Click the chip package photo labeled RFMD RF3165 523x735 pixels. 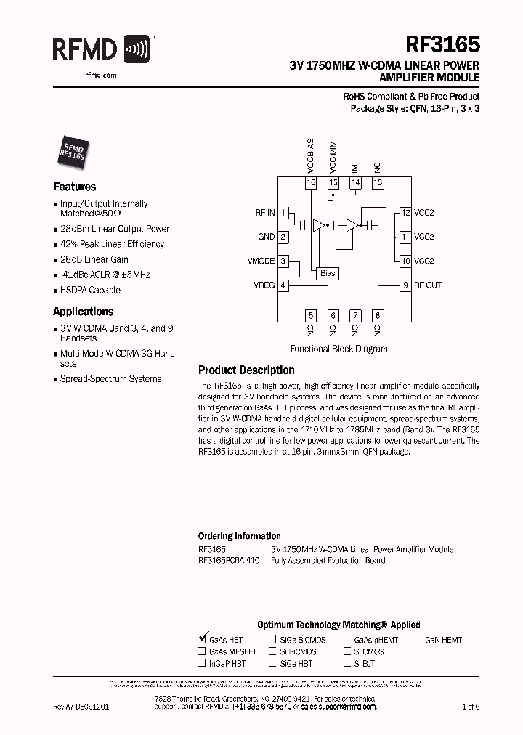(71, 150)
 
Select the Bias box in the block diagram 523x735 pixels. (328, 273)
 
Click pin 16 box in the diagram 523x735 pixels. (312, 182)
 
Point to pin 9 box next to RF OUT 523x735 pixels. (405, 285)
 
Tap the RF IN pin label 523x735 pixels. (265, 213)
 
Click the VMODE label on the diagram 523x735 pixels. (261, 261)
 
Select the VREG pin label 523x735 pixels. (263, 285)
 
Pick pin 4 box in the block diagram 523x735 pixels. (283, 285)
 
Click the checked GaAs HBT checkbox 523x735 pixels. (202, 639)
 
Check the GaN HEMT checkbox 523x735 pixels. (418, 640)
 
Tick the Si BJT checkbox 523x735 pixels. (347, 663)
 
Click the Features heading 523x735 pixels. (74, 187)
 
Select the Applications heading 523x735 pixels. (84, 312)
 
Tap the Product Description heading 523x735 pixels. (246, 370)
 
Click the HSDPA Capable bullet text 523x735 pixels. (90, 291)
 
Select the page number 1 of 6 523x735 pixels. (471, 706)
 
